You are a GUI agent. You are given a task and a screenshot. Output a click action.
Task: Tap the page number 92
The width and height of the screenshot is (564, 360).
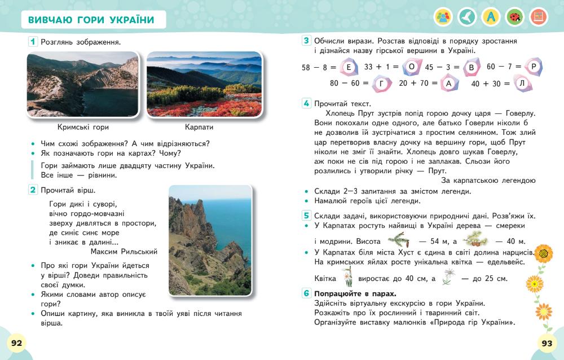[x=16, y=343]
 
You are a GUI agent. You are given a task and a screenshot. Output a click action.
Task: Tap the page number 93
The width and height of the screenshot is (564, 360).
[x=547, y=343]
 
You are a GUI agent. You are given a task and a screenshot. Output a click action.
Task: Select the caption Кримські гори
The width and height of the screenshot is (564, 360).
[x=83, y=127]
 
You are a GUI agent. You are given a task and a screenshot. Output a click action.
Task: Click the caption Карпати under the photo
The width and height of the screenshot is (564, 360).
[x=199, y=127]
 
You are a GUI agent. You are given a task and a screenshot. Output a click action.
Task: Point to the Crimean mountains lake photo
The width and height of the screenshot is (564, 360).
[x=83, y=84]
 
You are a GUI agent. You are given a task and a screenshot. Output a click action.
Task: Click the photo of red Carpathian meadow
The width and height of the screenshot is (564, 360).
[x=204, y=84]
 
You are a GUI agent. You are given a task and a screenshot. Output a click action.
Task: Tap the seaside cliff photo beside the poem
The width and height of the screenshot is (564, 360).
[x=210, y=240]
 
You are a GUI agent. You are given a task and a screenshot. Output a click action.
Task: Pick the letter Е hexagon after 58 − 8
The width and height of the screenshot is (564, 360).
[x=349, y=68]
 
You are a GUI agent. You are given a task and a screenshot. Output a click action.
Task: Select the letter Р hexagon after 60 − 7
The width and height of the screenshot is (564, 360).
[x=535, y=67]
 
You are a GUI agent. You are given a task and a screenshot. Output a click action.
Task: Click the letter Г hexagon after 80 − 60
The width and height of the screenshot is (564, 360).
[x=381, y=84]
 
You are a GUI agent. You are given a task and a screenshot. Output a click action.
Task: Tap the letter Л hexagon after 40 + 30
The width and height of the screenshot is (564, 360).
[x=522, y=84]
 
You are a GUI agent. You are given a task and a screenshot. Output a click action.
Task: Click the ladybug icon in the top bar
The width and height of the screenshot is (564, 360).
[x=514, y=17]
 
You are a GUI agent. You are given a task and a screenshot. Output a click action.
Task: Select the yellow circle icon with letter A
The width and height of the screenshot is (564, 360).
[x=491, y=17]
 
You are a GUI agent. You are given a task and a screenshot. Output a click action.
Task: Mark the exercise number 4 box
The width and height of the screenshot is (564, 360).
[x=306, y=103]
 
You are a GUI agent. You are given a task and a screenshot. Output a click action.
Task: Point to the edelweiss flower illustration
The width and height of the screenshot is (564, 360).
[x=449, y=276]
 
